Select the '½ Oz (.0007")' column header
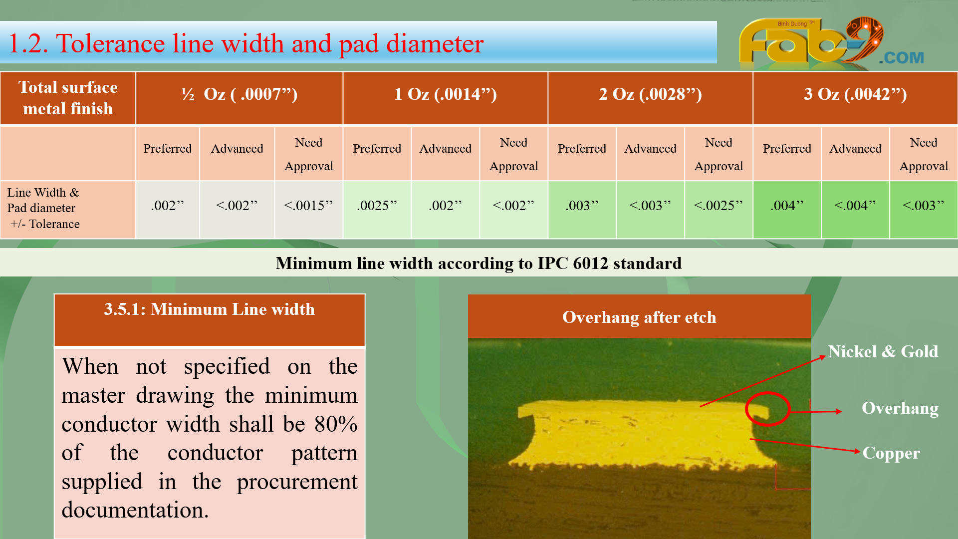point(239,98)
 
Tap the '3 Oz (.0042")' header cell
point(855,98)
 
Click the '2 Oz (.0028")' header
point(650,98)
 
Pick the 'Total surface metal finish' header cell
point(68,98)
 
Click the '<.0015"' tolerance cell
point(308,210)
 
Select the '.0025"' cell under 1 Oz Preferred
point(377,210)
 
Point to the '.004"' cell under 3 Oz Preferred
point(787,210)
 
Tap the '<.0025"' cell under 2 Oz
point(718,210)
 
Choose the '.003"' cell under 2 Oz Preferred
point(582,210)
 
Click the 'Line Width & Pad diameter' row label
point(43,208)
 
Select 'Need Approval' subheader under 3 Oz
point(924,154)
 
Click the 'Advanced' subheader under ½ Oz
point(237,149)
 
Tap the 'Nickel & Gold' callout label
point(883,351)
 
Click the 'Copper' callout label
point(891,453)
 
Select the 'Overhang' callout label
point(900,408)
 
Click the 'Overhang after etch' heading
point(639,317)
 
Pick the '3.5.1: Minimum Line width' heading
point(209,309)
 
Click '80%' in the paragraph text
point(336,424)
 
